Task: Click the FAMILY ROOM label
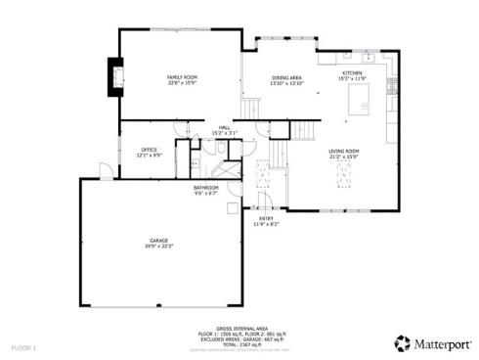tap(183, 76)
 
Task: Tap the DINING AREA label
tap(287, 77)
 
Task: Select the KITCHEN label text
tap(352, 73)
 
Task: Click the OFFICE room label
tap(149, 150)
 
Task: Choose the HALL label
tap(224, 127)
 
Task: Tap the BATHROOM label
tap(205, 187)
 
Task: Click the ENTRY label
tap(266, 219)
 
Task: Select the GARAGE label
tap(159, 240)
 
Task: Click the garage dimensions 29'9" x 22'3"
tap(159, 246)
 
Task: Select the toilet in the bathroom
tap(195, 163)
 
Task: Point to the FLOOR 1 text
tap(23, 347)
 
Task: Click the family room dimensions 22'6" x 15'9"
tap(183, 82)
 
